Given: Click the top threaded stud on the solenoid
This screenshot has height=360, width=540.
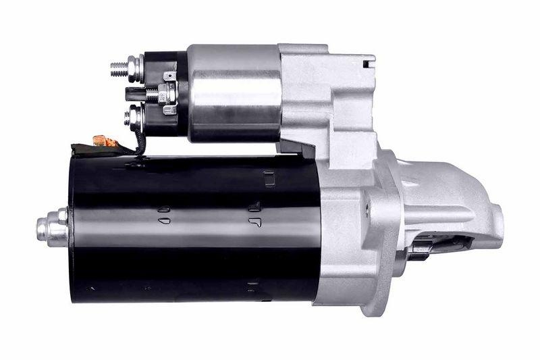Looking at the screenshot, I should pos(122,67).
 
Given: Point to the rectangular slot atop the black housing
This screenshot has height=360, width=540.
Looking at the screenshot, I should pos(269,178).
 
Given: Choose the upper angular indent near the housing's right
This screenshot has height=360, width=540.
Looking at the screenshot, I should pos(254,206).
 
